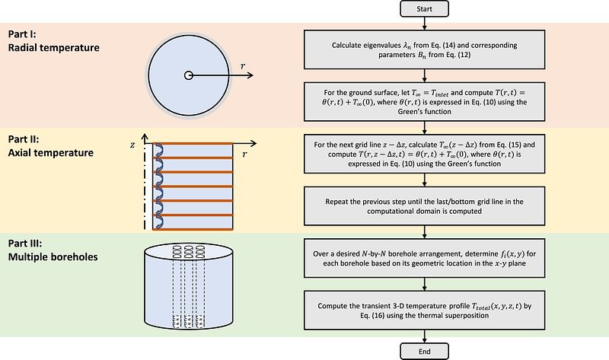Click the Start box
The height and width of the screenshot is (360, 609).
tap(424, 9)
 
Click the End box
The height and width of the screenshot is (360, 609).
tap(424, 352)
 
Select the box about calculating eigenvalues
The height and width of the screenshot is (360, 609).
tap(424, 49)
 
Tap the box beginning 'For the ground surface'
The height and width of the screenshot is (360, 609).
tap(424, 102)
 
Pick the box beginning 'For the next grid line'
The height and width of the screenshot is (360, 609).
tap(424, 154)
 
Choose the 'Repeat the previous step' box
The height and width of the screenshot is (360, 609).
tap(424, 205)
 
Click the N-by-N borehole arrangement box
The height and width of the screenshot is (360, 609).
tap(424, 258)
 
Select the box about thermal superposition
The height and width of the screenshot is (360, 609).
tap(424, 311)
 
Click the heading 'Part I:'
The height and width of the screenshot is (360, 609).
tap(22, 34)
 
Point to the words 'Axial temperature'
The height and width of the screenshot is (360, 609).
tap(51, 153)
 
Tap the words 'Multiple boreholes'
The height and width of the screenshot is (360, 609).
tap(53, 257)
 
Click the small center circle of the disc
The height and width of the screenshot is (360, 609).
tap(188, 75)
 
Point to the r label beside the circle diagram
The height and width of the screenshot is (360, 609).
tap(243, 66)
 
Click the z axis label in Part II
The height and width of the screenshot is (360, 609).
tap(132, 145)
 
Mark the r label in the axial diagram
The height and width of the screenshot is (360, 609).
tap(244, 155)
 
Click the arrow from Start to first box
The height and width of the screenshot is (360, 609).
tap(424, 24)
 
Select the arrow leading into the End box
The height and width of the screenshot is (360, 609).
tap(424, 336)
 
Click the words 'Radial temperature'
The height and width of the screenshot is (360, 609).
tap(53, 48)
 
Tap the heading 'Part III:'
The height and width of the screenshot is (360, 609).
tap(25, 244)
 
